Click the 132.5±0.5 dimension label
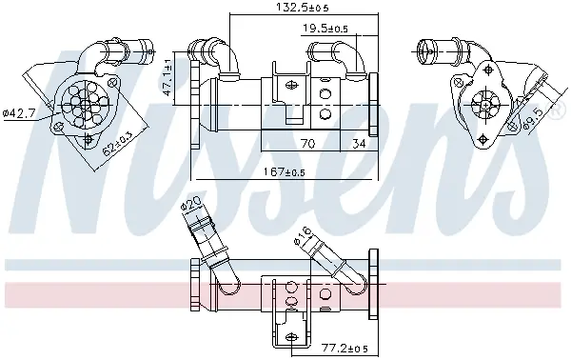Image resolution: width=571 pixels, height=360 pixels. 303,7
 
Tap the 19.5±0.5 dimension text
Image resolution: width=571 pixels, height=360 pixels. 325,28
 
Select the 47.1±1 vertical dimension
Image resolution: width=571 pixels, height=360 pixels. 167,77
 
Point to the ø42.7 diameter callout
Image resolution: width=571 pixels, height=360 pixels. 19,113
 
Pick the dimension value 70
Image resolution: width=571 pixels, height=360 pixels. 307,144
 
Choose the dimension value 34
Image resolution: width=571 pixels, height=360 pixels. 359,144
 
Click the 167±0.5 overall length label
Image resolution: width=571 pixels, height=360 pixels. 284,171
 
